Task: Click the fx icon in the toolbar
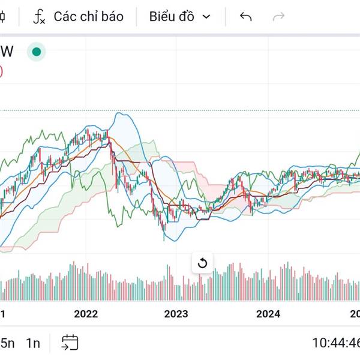(x=39, y=17)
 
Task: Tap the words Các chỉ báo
(x=88, y=16)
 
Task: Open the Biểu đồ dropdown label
(x=172, y=17)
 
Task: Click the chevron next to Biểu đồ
(x=207, y=17)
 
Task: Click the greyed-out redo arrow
(x=278, y=17)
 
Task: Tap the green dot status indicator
(x=37, y=52)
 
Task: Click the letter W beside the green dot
(x=8, y=52)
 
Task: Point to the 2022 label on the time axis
(x=85, y=314)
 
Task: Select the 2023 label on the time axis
(x=176, y=314)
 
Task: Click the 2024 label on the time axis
(x=268, y=314)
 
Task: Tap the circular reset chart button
(x=202, y=263)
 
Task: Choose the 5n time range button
(x=7, y=343)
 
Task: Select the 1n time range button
(x=32, y=343)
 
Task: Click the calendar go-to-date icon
(x=70, y=343)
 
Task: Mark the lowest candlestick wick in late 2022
(x=164, y=238)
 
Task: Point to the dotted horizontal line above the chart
(x=180, y=111)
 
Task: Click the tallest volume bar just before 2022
(x=73, y=263)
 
